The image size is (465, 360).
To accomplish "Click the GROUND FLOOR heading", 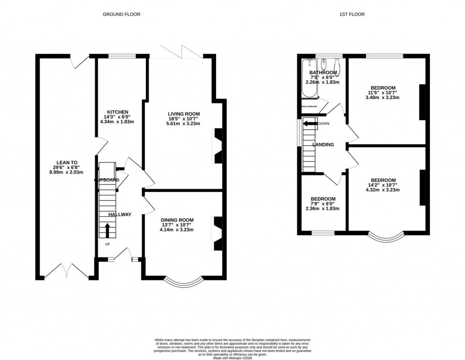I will tap(121, 15).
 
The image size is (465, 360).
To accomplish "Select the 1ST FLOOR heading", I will tap(351, 15).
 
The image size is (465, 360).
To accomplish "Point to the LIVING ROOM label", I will tap(183, 114).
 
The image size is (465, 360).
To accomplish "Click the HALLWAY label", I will tap(119, 214).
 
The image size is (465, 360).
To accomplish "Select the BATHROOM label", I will tap(323, 73).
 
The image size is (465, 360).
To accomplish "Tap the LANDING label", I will tap(323, 145).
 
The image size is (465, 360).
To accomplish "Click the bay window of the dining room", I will tap(183, 282).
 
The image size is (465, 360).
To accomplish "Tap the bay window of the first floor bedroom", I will tap(385, 237).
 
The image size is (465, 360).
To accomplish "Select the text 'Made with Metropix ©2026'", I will tap(232, 355).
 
